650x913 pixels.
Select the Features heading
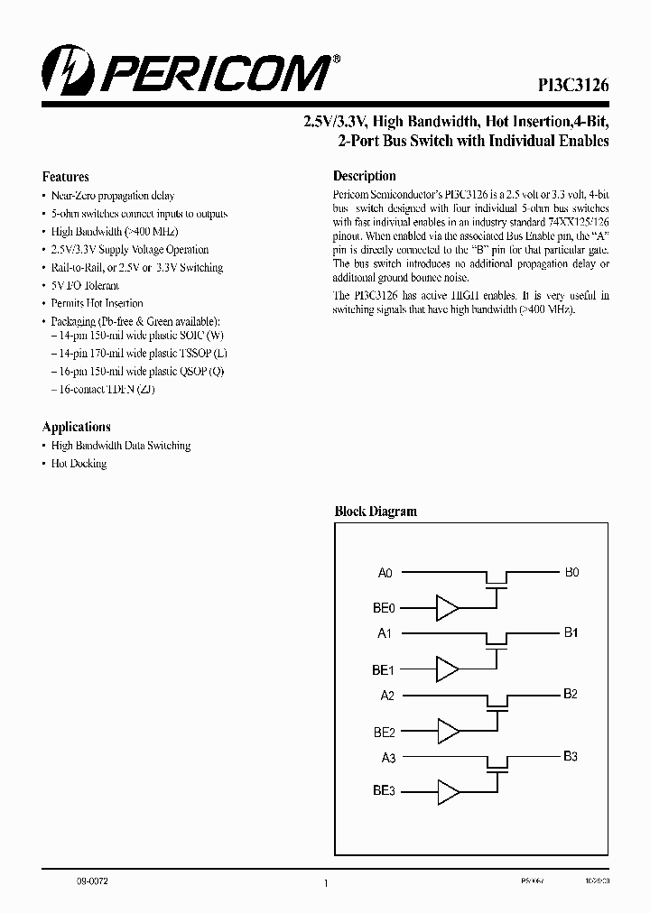[x=66, y=177]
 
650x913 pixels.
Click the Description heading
[x=365, y=176]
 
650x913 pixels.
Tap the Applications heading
[x=77, y=427]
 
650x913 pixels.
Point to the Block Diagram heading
[x=376, y=511]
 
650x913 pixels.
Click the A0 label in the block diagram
[x=385, y=573]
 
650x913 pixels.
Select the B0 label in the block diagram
[x=571, y=572]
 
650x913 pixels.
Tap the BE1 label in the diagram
[x=384, y=669]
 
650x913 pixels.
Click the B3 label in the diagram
[x=571, y=756]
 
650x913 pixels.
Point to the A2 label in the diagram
[x=386, y=696]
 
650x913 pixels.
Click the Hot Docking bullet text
[x=79, y=464]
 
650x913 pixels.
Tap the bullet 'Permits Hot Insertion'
[x=97, y=303]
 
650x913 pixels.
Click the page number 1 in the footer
[x=325, y=884]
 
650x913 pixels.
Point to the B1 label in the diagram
[x=571, y=633]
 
